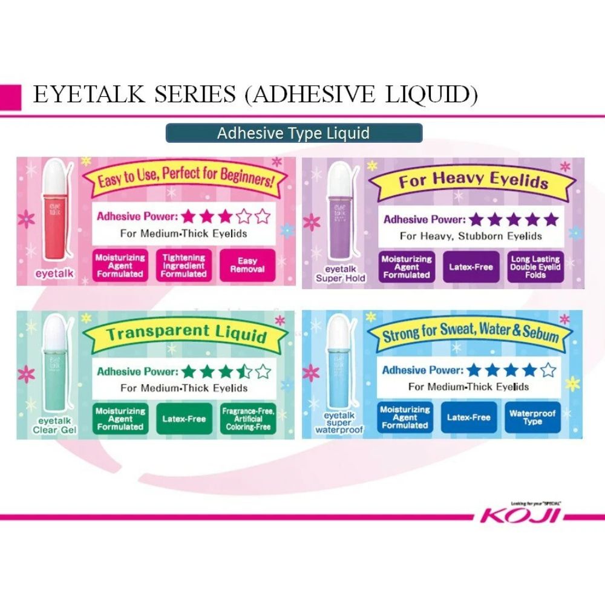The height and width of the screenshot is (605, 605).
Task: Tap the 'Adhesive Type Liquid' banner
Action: coord(293,133)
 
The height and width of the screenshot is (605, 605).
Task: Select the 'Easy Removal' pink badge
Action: coord(247,265)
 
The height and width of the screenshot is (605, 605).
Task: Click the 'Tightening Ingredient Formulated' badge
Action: coord(183,265)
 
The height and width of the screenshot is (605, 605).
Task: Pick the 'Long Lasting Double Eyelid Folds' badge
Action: coord(535,267)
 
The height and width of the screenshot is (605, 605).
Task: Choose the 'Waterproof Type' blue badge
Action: coord(532,417)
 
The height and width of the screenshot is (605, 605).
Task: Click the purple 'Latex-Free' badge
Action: coord(471,267)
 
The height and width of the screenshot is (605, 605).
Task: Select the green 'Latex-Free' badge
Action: coord(184,419)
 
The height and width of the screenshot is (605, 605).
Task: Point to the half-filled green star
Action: coord(244,371)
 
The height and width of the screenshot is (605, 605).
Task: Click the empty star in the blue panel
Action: coord(547,370)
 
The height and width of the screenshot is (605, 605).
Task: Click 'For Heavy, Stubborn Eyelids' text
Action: coord(471,236)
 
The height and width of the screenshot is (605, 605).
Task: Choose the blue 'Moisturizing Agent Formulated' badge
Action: coord(405,417)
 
